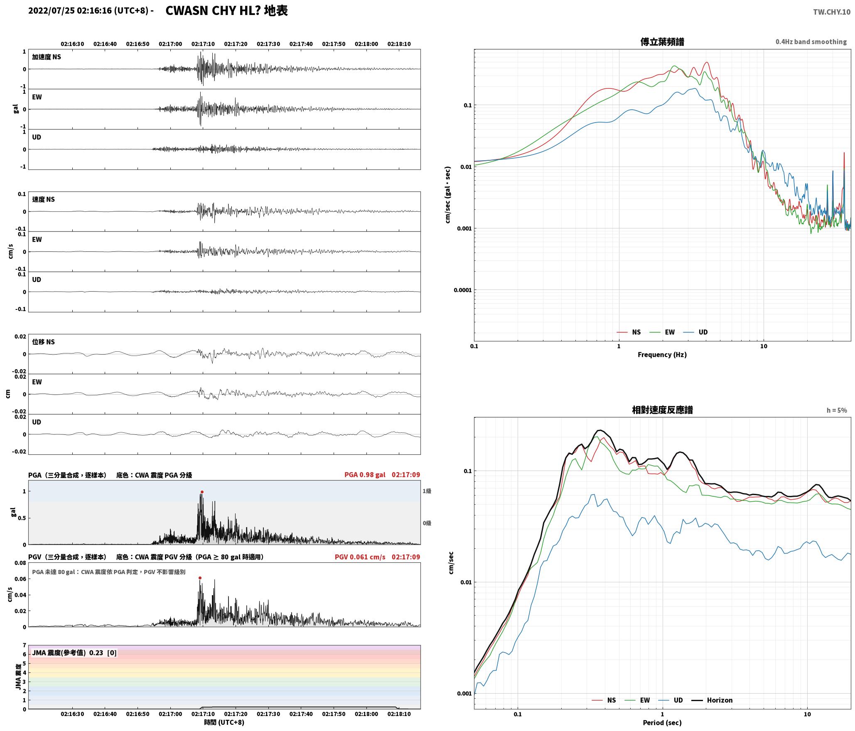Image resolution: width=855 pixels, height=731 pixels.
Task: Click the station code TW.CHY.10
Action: [832, 12]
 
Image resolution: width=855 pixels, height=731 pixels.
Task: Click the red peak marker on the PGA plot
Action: [202, 492]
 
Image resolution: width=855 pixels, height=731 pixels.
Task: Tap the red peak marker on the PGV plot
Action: [200, 578]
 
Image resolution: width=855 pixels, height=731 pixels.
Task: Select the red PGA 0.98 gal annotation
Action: [365, 475]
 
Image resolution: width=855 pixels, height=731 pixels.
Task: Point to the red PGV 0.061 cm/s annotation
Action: [360, 557]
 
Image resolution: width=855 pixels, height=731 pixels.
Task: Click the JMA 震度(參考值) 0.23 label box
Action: [74, 653]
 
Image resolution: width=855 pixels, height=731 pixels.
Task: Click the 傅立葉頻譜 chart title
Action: [662, 42]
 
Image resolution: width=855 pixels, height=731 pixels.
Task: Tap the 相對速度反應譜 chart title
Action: [662, 410]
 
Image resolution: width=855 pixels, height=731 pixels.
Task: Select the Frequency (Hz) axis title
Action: [662, 354]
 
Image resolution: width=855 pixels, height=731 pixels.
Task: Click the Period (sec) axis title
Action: [662, 723]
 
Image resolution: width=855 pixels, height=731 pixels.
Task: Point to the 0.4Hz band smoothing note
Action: [811, 42]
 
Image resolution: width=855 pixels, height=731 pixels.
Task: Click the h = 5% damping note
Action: [837, 410]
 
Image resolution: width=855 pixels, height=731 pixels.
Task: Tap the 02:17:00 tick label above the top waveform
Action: [170, 44]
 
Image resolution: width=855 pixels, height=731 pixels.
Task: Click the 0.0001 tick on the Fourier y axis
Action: [462, 290]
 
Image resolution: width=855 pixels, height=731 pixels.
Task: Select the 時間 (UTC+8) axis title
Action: [224, 722]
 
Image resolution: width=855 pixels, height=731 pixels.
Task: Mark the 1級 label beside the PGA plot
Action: [427, 491]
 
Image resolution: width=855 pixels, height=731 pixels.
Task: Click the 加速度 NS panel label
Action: [47, 57]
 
